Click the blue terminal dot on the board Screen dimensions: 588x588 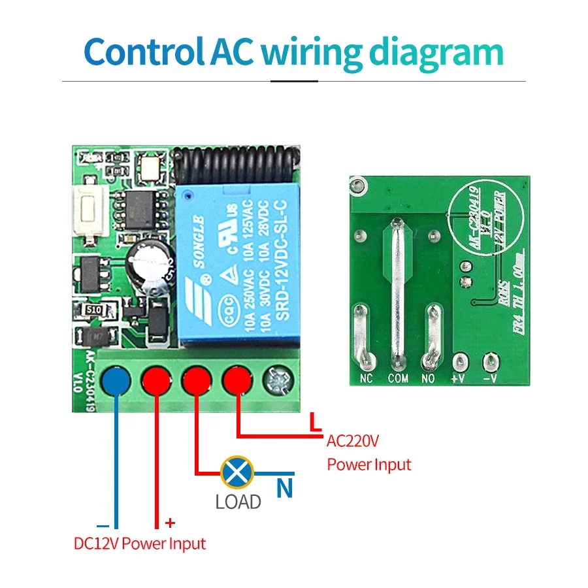point(116,380)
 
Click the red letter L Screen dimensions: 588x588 point(316,423)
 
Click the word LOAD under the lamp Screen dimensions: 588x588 point(238,502)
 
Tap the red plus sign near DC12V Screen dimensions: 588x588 point(171,523)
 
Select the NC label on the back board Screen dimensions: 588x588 point(366,378)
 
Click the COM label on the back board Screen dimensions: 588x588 point(398,378)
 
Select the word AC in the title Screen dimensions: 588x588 point(231,52)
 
